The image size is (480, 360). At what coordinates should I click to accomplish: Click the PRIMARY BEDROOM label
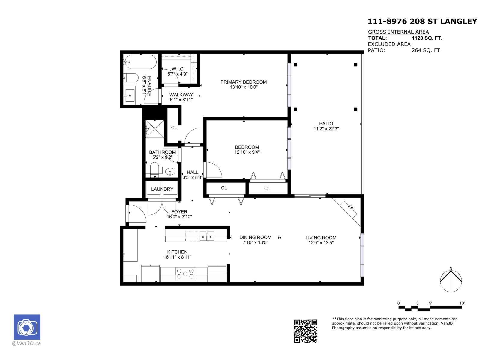coord(243,82)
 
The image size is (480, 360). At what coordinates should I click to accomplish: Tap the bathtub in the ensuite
coord(140,62)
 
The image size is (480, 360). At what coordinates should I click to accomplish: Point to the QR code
coord(305,331)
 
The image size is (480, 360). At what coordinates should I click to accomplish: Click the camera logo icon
coord(27,327)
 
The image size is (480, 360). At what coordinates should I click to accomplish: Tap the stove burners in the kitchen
coord(185,274)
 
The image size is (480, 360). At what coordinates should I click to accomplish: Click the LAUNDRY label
coord(162,189)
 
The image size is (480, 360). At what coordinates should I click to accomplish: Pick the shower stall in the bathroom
coord(155,128)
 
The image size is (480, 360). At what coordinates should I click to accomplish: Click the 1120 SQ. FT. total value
coord(427,38)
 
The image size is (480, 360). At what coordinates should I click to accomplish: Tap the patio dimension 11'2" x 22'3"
coord(326,129)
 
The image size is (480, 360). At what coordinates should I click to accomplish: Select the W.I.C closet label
coord(177,69)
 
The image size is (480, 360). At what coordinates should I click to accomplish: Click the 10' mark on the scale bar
coord(462,303)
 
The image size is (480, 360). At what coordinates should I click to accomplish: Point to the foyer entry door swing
coord(137,214)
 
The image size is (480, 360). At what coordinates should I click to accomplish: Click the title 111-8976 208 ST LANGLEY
coord(422,21)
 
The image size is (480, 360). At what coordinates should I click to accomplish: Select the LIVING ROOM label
coord(321,238)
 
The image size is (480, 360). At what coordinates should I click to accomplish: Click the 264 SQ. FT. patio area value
coord(426,50)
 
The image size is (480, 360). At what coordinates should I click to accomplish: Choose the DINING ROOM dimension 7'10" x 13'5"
coord(255,243)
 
